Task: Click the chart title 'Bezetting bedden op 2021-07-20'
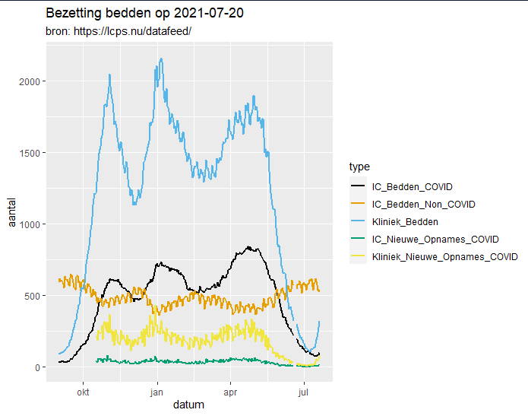(x=144, y=14)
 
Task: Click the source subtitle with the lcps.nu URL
(x=119, y=32)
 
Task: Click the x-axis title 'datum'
(x=188, y=405)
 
